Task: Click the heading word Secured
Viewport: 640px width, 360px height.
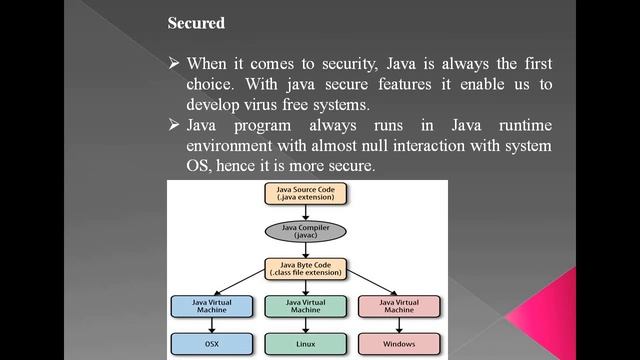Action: tap(196, 23)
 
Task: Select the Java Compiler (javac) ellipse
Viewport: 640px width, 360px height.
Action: tap(305, 233)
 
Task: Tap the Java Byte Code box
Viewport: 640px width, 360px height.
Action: tap(305, 268)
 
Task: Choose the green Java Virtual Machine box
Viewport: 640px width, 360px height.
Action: tap(305, 305)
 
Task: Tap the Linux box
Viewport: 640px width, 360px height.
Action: tap(305, 343)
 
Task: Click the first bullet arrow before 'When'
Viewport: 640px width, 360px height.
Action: tap(174, 64)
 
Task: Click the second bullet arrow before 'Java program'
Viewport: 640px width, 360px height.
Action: tap(174, 125)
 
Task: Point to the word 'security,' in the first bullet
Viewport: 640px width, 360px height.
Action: tap(343, 64)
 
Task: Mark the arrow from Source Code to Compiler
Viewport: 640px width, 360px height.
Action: tap(305, 213)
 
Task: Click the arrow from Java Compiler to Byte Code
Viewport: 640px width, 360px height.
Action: tap(305, 251)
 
